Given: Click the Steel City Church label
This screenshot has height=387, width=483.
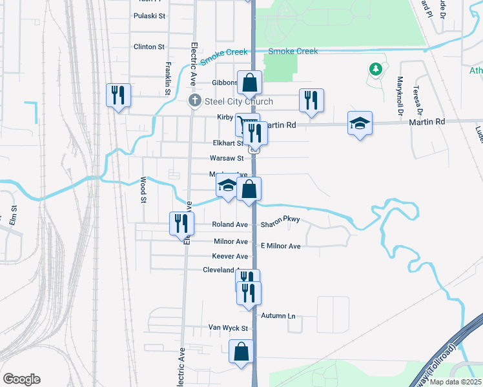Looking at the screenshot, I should coord(239,101).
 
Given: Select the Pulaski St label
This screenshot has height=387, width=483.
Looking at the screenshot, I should coord(149,15).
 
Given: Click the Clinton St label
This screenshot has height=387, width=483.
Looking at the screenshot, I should coord(149,47).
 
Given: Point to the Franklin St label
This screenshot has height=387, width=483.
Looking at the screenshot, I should coord(167,78).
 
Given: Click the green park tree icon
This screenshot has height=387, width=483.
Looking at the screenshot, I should coord(375,69).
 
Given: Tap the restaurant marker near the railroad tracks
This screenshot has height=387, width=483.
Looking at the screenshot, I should coord(119,95).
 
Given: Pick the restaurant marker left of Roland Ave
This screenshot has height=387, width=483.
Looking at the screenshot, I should coord(181,223).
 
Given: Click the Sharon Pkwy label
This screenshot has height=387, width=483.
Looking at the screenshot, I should coord(280,224).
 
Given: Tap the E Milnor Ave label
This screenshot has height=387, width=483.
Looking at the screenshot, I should coord(280,246).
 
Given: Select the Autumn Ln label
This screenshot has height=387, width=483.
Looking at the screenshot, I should coord(278,316).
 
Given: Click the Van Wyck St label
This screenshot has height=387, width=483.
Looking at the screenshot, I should coord(228,328).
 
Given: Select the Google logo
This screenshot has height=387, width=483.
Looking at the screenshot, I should coord(21,379).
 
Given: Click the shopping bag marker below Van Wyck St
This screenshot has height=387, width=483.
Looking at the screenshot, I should coord(241,352).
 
